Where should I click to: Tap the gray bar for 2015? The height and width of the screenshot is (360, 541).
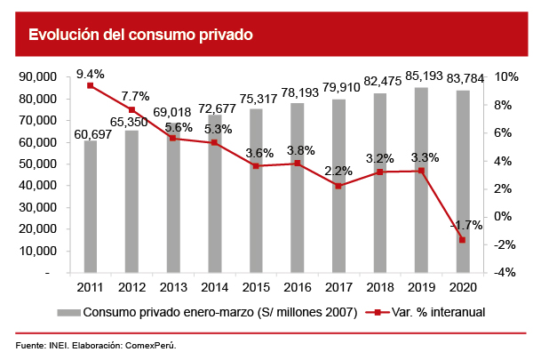click(x=256, y=191)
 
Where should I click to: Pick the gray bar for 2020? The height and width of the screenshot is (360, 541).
click(x=462, y=181)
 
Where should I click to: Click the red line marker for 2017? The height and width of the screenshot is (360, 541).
click(x=338, y=186)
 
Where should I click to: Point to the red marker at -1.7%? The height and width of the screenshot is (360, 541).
click(x=462, y=240)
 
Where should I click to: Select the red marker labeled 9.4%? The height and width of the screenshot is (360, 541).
click(x=91, y=85)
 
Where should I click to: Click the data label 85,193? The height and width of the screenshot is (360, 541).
click(x=422, y=76)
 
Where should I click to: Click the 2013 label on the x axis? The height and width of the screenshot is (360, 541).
click(x=172, y=288)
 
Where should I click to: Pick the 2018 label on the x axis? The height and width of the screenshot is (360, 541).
click(x=379, y=288)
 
